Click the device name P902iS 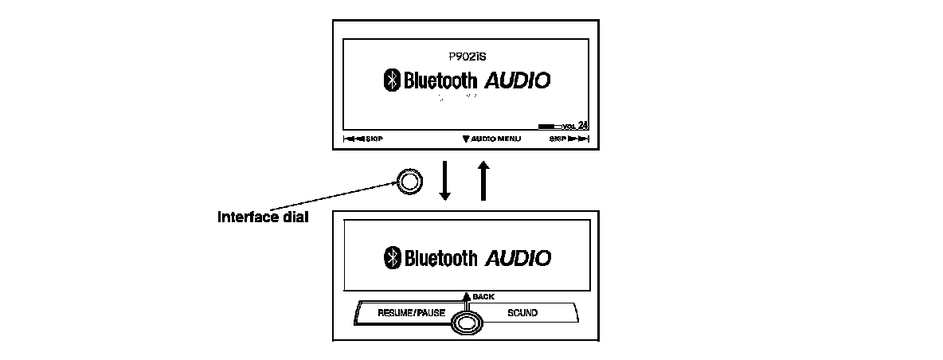467,57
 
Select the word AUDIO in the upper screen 518,80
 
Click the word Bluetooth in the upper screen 440,80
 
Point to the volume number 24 583,125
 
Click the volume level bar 550,126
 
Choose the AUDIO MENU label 495,139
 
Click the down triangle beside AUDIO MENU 465,139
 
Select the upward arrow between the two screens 481,182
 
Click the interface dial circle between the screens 409,182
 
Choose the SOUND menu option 522,313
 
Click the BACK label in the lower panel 483,296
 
